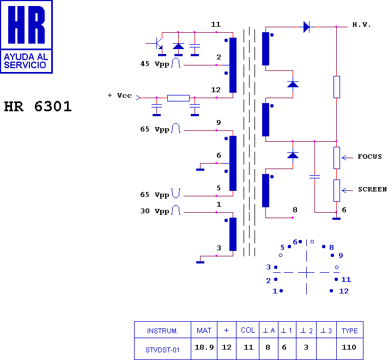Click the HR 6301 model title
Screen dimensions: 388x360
[38, 106]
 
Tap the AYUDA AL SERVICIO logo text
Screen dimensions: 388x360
[26, 61]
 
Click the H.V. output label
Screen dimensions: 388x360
[361, 25]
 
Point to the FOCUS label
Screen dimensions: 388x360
[369, 157]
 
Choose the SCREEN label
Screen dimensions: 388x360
[372, 189]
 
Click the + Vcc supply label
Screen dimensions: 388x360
[120, 95]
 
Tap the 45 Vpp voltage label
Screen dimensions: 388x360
[155, 64]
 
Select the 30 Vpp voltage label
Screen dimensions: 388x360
[155, 211]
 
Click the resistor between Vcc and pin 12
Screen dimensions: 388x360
[178, 98]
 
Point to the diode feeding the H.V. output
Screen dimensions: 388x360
[307, 27]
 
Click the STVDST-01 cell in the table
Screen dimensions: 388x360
[162, 350]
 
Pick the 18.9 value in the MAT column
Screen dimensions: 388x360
[204, 347]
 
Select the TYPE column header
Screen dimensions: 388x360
[350, 331]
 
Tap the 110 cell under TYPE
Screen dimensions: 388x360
[349, 347]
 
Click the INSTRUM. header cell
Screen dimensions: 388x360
[162, 331]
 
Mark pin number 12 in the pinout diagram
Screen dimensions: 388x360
[344, 291]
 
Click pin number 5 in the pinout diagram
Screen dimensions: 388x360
[282, 247]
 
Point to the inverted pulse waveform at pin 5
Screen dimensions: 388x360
[175, 193]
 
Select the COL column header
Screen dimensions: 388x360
[248, 330]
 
